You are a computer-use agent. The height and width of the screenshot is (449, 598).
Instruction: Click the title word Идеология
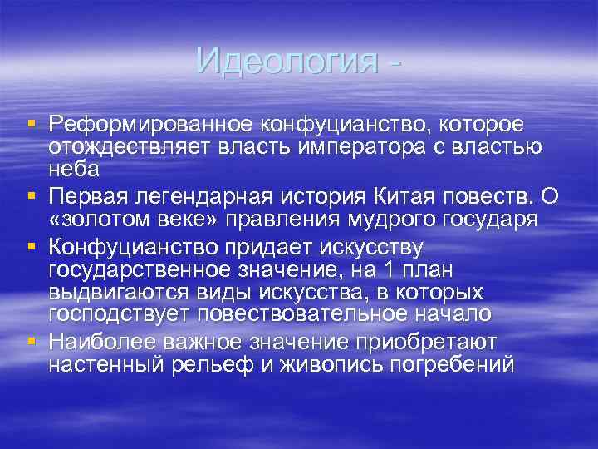[286, 61]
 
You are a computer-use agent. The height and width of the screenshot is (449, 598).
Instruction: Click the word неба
[74, 169]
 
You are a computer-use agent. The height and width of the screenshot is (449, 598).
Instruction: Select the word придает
[258, 247]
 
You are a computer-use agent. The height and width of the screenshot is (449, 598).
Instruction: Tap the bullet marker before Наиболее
[31, 341]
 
